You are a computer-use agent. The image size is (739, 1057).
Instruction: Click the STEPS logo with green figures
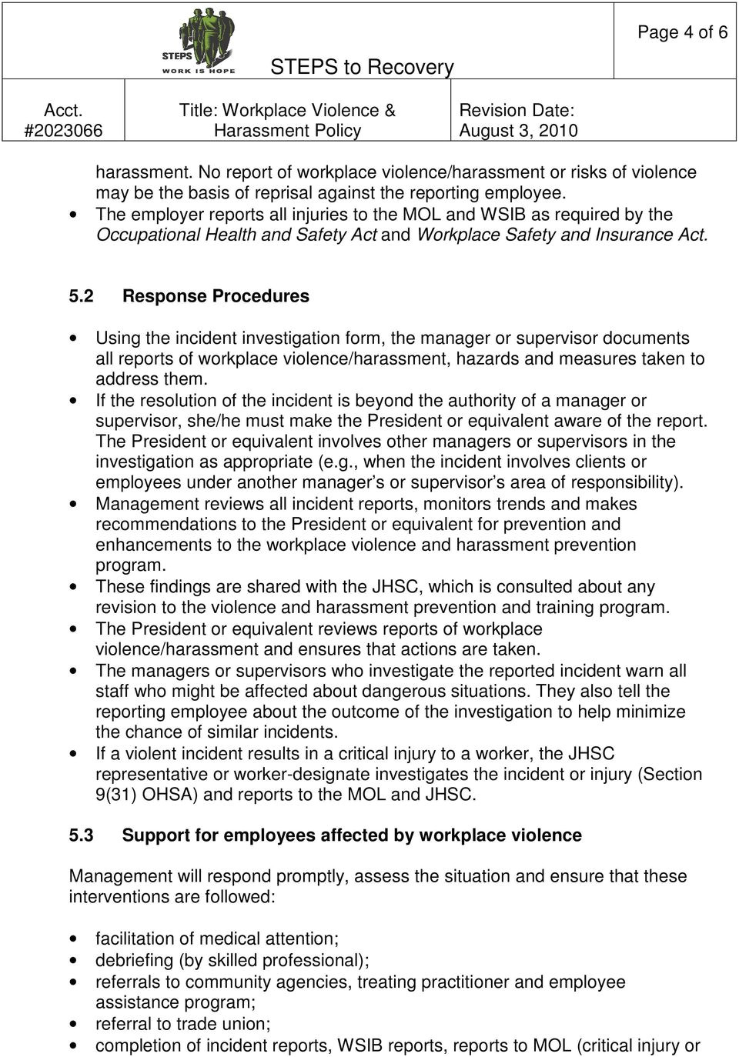(x=198, y=41)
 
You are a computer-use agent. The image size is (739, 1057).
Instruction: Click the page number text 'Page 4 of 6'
(x=682, y=32)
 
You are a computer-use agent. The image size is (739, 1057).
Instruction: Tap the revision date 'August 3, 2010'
(x=518, y=131)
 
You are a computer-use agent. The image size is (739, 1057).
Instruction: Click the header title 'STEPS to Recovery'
(x=362, y=67)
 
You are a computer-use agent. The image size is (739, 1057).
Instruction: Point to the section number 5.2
(x=82, y=296)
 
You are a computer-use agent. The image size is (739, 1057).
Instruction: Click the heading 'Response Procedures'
(x=216, y=296)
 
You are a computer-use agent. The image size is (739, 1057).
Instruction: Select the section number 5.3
(x=82, y=835)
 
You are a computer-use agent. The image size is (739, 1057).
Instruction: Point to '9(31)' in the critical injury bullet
(x=117, y=795)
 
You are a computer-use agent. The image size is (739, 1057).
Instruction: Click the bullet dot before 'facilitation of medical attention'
(x=74, y=939)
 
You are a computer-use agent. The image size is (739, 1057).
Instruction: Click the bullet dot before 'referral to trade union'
(x=74, y=1025)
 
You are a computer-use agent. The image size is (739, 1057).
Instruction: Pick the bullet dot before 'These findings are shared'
(x=74, y=587)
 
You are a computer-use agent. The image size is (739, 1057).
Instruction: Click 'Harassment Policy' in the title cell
(x=287, y=131)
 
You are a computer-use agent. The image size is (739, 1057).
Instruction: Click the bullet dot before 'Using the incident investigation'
(x=74, y=338)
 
